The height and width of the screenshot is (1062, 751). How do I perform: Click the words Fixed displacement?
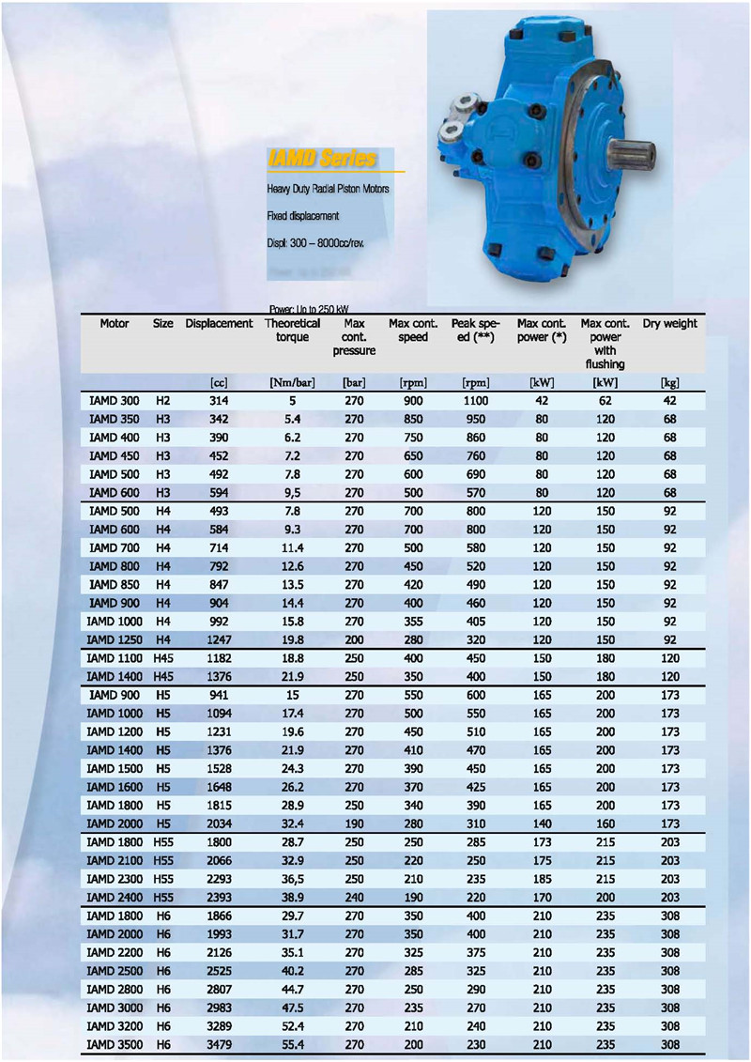302,216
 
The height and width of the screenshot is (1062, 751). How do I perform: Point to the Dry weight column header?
669,324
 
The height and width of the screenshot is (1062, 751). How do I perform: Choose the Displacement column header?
219,324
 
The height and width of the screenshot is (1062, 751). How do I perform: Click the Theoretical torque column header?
292,331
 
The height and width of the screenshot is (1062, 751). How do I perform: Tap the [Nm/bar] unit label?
292,382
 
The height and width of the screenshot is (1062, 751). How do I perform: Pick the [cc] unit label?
219,382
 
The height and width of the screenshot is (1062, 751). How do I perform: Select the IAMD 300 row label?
114,401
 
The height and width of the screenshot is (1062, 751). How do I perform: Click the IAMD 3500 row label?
113,1043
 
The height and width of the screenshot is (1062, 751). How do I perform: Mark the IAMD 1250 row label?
113,639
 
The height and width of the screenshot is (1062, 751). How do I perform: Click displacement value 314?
219,401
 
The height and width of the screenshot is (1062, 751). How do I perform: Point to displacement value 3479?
219,1043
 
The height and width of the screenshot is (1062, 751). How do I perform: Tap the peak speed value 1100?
476,401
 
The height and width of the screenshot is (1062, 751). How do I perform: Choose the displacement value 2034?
219,823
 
